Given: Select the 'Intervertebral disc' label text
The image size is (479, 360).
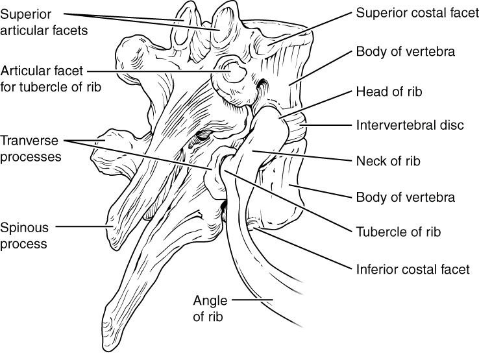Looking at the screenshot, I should point(409,125).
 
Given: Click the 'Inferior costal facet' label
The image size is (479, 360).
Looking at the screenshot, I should point(412,269).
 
